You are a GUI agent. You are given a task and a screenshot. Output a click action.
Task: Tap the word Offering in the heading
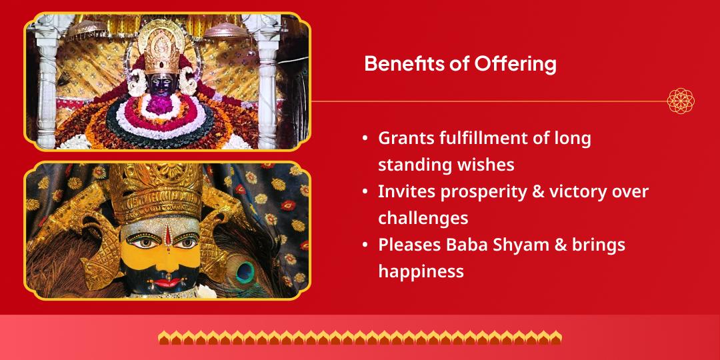(515, 63)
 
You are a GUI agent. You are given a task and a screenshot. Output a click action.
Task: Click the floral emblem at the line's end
(681, 101)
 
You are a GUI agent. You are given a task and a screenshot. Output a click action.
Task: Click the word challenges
(423, 217)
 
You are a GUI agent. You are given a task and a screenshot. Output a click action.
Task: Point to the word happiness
(421, 271)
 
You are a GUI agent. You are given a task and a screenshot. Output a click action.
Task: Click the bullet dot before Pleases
(365, 245)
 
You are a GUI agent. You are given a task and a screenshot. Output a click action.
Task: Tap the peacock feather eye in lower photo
(245, 272)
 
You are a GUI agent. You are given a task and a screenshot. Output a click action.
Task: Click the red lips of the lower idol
(167, 283)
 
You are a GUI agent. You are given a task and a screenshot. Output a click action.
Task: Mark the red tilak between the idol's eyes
(167, 235)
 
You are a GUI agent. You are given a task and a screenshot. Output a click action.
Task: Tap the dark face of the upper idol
(161, 85)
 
